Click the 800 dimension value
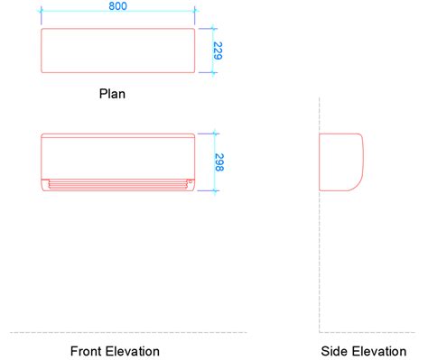tap(117, 6)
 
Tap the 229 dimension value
tap(218, 51)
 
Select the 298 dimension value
tap(219, 162)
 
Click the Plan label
tap(112, 92)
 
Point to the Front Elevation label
tap(115, 351)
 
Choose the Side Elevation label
tap(357, 351)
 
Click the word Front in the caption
tap(87, 351)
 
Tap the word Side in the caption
tap(332, 351)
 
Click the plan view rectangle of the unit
tap(117, 51)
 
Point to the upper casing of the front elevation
tap(117, 153)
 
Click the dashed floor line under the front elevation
tap(126, 332)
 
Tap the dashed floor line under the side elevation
tap(370, 332)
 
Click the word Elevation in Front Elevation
tap(133, 351)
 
